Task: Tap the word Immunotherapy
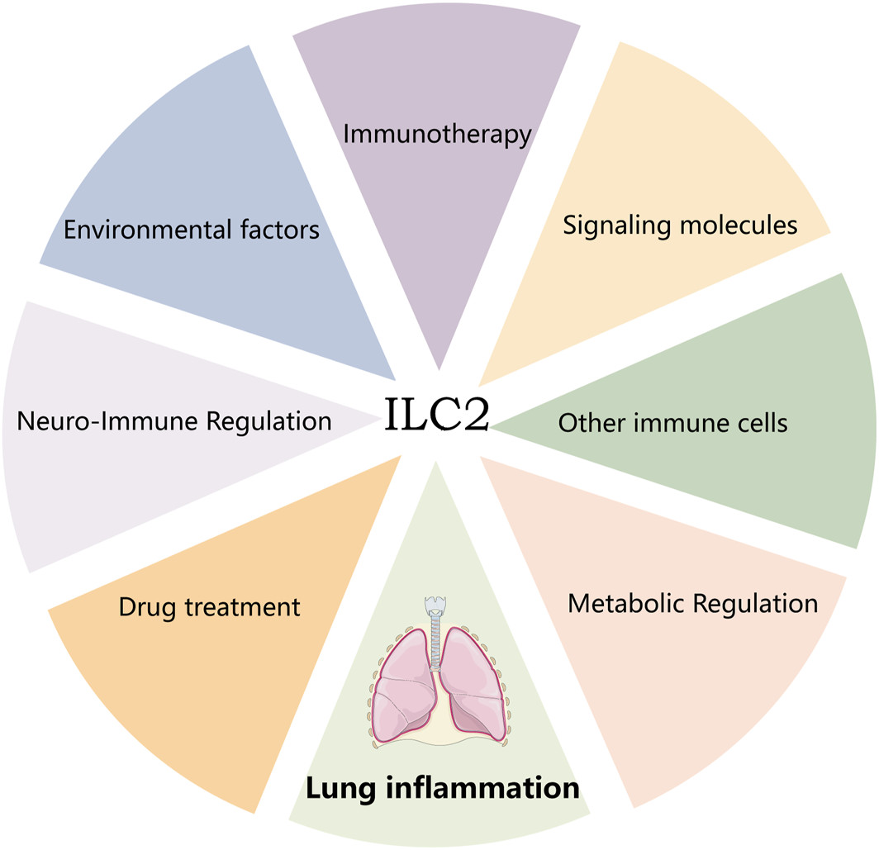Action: [437, 134]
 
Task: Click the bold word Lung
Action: [338, 787]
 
